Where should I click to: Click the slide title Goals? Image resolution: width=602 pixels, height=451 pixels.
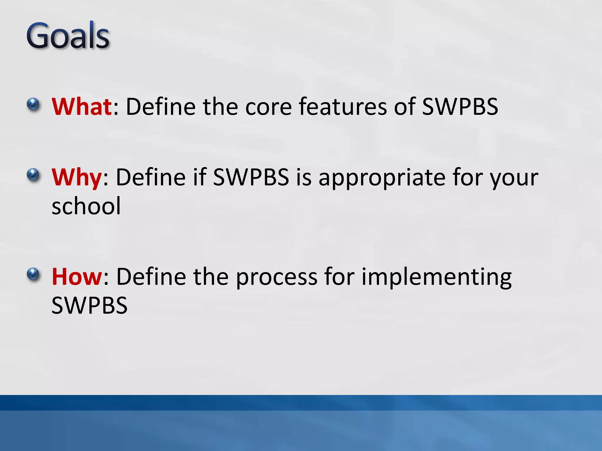point(68,36)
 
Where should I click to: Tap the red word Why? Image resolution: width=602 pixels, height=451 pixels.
point(76,177)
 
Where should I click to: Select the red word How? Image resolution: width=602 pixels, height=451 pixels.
point(77,277)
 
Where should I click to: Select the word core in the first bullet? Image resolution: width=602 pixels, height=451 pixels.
point(268,107)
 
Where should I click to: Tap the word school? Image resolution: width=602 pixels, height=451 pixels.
point(86,206)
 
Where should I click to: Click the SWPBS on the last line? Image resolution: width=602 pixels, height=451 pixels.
point(89,305)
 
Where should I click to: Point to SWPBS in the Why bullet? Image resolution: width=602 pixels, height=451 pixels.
point(251,177)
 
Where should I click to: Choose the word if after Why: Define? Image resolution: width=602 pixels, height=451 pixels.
point(200,177)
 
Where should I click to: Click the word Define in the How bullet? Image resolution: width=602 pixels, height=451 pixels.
point(151,277)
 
